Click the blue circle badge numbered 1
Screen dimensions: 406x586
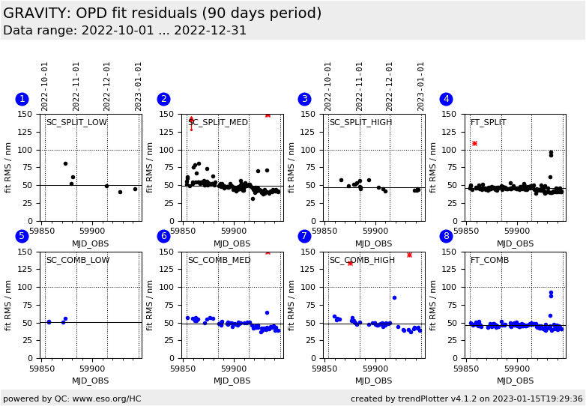(x=22, y=99)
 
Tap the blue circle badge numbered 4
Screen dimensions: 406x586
(x=446, y=99)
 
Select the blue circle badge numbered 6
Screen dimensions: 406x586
(x=163, y=236)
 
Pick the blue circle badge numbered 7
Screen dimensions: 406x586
(x=304, y=236)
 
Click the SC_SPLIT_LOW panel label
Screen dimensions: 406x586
(x=76, y=123)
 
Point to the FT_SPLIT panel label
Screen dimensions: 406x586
(x=488, y=123)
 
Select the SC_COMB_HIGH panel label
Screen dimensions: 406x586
(x=362, y=261)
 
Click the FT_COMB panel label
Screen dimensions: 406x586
(x=489, y=261)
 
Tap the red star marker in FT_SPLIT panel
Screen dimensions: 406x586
(x=474, y=143)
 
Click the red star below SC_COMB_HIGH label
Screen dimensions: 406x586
(x=350, y=263)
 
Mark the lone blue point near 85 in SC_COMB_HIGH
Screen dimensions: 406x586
(x=394, y=297)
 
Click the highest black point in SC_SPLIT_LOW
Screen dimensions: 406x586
(x=65, y=163)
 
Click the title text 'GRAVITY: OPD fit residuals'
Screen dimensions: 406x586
(x=162, y=13)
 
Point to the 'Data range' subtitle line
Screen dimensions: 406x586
(x=124, y=31)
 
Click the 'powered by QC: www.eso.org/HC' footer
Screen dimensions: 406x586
(x=72, y=399)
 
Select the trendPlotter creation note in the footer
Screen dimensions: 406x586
(x=466, y=399)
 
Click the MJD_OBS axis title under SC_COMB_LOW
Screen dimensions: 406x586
(x=91, y=381)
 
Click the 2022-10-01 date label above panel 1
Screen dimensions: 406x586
(x=46, y=86)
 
